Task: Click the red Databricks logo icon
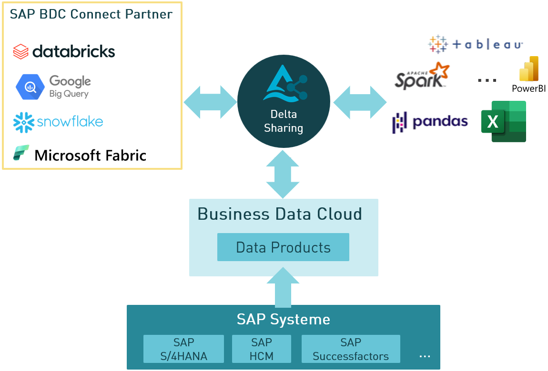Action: (21, 51)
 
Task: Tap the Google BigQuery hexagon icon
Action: (30, 87)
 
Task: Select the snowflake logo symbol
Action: (23, 122)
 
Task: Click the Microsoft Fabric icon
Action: (21, 153)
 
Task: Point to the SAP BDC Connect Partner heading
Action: (91, 14)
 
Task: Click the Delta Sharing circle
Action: (284, 101)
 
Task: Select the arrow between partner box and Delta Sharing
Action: (210, 102)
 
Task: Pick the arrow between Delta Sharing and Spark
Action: (360, 102)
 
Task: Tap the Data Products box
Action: (283, 247)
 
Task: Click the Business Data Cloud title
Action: (280, 214)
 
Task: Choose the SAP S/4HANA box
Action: (183, 349)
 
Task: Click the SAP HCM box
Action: (261, 349)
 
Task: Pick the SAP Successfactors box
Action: (351, 349)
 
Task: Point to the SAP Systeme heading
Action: (283, 319)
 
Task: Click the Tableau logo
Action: (476, 44)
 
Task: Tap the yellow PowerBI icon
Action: (528, 69)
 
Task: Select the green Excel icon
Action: (503, 121)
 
